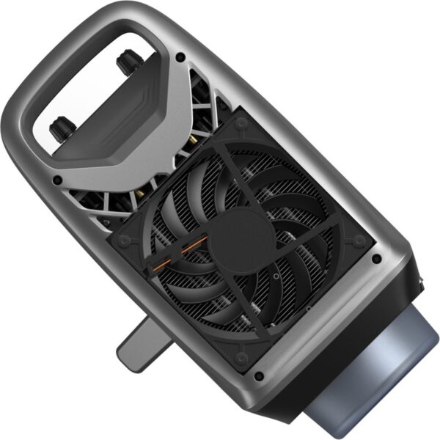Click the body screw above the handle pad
[180, 56]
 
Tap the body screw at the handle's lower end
[56, 179]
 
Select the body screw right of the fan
[376, 259]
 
